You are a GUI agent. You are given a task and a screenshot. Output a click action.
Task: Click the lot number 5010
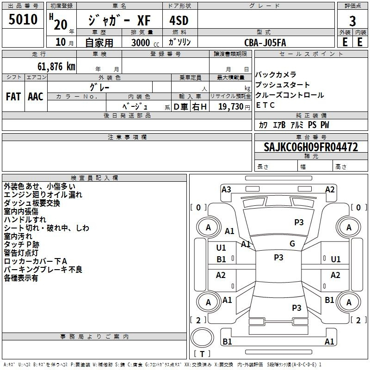(23, 19)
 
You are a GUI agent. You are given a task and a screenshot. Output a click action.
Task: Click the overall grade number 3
(352, 21)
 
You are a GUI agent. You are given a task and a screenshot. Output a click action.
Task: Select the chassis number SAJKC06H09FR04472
(311, 147)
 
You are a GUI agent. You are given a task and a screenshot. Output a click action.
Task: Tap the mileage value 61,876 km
(56, 67)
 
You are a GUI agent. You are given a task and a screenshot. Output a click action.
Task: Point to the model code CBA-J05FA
(265, 43)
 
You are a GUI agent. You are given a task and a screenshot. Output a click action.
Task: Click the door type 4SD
(179, 20)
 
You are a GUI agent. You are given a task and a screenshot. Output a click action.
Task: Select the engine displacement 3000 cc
(145, 43)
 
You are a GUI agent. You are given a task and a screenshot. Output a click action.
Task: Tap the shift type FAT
(13, 97)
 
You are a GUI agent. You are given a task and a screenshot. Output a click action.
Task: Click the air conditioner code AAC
(36, 97)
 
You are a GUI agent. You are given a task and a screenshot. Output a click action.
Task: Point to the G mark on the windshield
(292, 244)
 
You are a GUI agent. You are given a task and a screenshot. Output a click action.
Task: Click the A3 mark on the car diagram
(226, 190)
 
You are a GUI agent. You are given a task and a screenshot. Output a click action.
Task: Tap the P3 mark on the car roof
(278, 258)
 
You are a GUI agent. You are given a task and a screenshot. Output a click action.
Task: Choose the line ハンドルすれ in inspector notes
(25, 219)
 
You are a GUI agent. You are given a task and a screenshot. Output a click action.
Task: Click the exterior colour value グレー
(99, 87)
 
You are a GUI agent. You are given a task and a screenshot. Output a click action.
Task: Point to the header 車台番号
(311, 137)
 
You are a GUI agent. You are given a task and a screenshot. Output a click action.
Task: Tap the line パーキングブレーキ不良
(43, 270)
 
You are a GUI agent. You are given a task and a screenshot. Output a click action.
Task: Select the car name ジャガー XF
(119, 20)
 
